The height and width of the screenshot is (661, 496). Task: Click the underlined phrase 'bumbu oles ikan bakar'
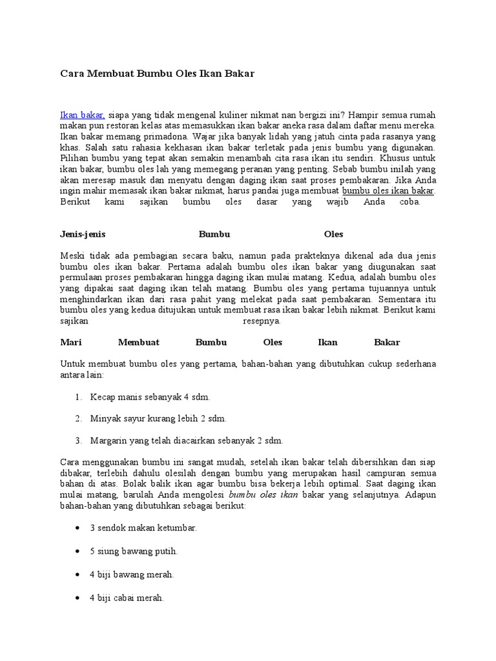tap(388, 191)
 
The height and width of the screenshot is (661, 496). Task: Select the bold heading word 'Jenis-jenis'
tap(83, 234)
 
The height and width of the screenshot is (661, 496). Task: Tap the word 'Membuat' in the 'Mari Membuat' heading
tap(138, 342)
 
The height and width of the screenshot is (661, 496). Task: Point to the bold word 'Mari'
tap(70, 342)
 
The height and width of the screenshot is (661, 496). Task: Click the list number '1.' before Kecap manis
tap(79, 396)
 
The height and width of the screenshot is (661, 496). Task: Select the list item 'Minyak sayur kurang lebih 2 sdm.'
tap(158, 418)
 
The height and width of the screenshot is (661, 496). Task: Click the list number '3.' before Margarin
tap(79, 440)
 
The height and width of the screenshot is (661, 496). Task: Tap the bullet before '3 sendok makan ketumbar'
tap(77, 528)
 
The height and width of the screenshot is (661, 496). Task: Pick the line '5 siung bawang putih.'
tap(134, 551)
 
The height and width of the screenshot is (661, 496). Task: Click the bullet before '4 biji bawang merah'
tap(77, 575)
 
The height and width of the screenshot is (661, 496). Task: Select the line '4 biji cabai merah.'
tap(127, 598)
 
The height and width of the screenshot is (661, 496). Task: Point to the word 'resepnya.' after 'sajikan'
tap(262, 320)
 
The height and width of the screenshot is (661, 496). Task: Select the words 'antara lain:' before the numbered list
tap(81, 374)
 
